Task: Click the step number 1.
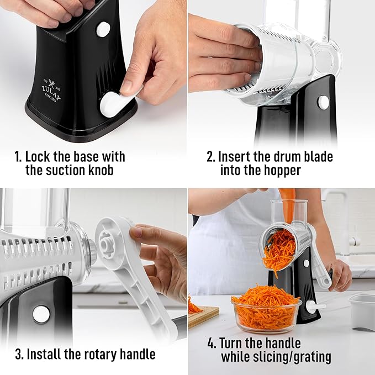17,157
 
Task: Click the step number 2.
210,157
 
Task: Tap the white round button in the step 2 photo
323,102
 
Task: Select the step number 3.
19,353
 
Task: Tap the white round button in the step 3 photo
41,314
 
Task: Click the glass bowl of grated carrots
266,309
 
